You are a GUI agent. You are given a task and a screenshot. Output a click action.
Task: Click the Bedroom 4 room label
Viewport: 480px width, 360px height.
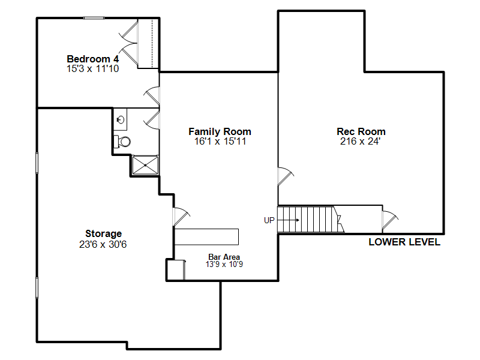click(92, 59)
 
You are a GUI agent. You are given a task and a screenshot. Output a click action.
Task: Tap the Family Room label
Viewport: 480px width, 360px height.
click(220, 131)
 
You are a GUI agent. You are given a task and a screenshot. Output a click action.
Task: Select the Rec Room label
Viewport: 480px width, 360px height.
click(361, 131)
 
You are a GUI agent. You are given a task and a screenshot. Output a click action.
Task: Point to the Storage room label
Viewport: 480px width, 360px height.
click(103, 233)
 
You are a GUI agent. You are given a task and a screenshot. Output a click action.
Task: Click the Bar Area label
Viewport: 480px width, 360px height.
click(224, 257)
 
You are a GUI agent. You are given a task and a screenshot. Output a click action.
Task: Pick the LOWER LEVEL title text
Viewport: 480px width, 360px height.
click(404, 242)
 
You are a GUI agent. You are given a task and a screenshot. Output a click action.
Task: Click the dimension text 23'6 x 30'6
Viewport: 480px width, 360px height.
click(103, 244)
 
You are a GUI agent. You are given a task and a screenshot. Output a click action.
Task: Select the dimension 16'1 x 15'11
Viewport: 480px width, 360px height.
click(220, 142)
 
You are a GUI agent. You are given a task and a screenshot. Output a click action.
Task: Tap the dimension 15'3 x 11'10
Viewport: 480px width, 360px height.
click(92, 69)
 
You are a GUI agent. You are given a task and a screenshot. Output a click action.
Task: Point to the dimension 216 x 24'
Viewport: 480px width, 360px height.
click(361, 142)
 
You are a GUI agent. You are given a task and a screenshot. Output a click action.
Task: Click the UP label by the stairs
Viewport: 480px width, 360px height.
click(269, 220)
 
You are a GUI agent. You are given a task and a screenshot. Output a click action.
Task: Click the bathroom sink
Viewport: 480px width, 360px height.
click(121, 119)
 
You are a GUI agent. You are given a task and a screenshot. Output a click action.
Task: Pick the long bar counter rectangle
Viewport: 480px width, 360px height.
click(206, 236)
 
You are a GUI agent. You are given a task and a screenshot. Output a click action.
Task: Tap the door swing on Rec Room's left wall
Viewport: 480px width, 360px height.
click(285, 176)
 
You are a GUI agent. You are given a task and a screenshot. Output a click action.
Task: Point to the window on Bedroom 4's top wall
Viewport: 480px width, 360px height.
click(94, 17)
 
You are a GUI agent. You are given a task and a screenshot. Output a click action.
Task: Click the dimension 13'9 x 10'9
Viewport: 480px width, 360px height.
click(224, 264)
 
